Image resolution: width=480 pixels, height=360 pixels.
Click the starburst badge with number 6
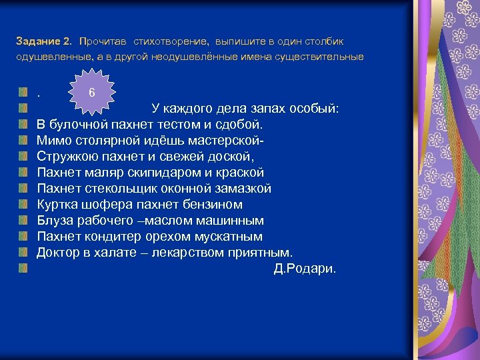[x=92, y=91]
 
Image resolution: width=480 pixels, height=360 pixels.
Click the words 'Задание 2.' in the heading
[x=44, y=41]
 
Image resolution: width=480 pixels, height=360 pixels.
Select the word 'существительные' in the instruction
[x=326, y=57]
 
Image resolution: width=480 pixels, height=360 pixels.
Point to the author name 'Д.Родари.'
[x=305, y=269]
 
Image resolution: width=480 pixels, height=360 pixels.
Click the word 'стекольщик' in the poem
[x=119, y=188]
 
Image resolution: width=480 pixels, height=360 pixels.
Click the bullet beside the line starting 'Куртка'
[x=23, y=204]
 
